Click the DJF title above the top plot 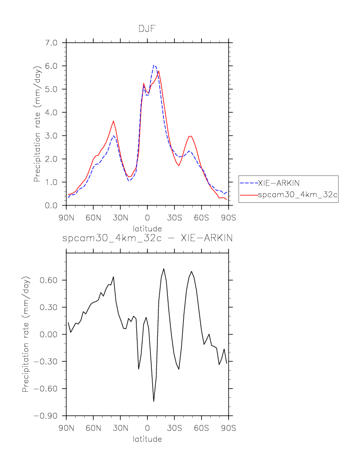coord(147,29)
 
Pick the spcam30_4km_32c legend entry coord(298,195)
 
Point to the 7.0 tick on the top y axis coord(51,42)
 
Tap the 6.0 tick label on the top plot coord(51,66)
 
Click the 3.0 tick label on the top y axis coord(51,136)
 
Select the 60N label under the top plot coord(93,217)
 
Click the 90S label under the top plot coord(228,217)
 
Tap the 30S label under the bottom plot coord(174,428)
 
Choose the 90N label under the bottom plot coord(66,428)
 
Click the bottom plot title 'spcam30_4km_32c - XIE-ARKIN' coord(147,238)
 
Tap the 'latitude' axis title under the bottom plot coord(147,439)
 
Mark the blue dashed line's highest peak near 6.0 coord(154,65)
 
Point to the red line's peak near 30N coord(114,121)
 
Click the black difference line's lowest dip coord(154,401)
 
